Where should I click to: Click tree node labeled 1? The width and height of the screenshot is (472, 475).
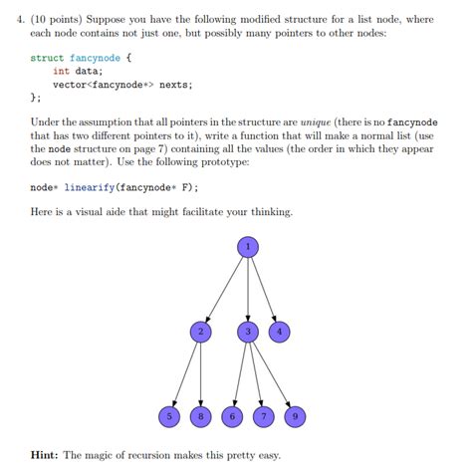pos(248,245)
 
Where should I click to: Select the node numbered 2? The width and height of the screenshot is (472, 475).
pos(201,331)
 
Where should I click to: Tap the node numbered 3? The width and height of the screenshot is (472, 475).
pos(248,331)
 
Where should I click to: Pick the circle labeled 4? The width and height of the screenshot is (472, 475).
pos(280,331)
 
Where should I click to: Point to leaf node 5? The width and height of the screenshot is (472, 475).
pos(169,415)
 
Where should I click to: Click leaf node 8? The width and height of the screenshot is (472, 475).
pos(201,415)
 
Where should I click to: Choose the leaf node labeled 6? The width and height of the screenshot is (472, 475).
pos(232,415)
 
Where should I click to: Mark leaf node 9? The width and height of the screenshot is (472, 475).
pos(295,415)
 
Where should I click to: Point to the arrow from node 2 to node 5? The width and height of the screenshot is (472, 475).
pos(185,372)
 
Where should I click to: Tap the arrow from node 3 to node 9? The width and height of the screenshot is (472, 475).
pos(272,372)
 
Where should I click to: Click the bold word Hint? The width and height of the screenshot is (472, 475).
pos(44,455)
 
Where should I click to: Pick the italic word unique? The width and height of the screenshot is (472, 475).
pos(316,120)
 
